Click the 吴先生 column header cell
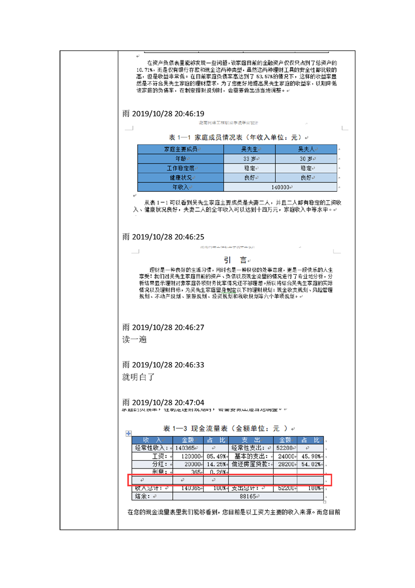(x=249, y=149)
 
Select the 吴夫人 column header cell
(x=306, y=149)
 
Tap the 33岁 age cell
(x=249, y=159)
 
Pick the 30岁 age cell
(x=306, y=159)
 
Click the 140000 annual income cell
(x=280, y=187)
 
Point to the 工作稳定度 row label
(x=180, y=168)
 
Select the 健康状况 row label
(x=180, y=178)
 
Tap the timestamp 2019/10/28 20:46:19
(x=163, y=114)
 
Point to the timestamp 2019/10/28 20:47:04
(x=163, y=402)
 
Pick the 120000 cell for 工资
(x=187, y=456)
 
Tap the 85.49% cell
(x=216, y=456)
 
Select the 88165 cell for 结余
(x=247, y=496)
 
